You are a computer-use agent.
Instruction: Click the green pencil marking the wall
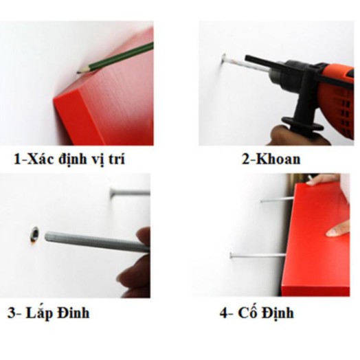pyautogui.click(x=117, y=58)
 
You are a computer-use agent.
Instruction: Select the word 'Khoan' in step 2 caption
pyautogui.click(x=279, y=160)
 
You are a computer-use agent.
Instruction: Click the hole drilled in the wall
pyautogui.click(x=32, y=234)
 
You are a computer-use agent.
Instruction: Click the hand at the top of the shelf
pyautogui.click(x=323, y=180)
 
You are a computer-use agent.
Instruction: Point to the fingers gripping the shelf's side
pyautogui.click(x=340, y=229)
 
